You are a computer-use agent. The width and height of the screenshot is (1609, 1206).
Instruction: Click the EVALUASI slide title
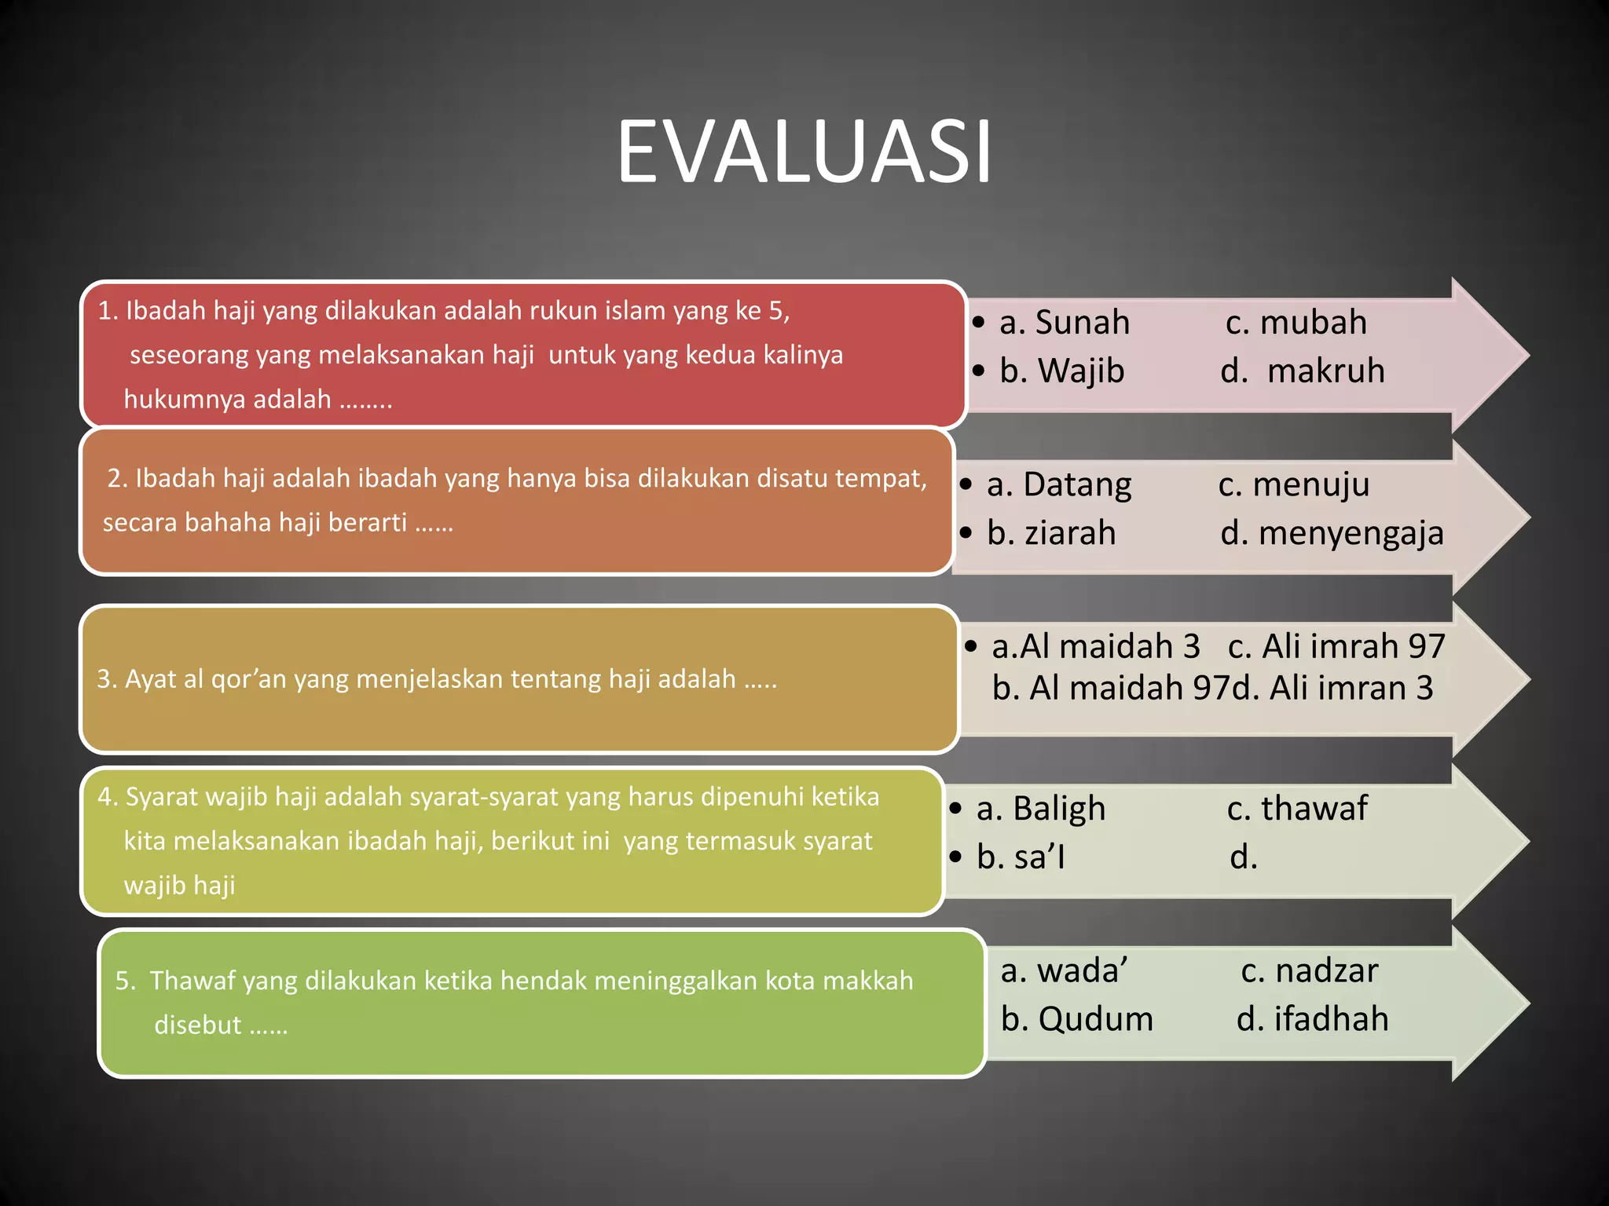[x=804, y=152]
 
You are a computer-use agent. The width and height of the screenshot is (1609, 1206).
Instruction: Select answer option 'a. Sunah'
[x=1064, y=323]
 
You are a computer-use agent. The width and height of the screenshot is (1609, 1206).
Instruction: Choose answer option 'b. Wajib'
[x=1061, y=371]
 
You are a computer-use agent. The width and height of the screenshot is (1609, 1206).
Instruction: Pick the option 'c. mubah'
[x=1296, y=323]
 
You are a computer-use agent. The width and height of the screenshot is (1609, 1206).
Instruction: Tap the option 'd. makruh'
[x=1302, y=371]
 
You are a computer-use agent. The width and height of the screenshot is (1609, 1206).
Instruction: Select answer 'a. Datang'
[x=1058, y=484]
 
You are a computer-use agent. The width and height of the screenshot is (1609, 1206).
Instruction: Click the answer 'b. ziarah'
[x=1050, y=533]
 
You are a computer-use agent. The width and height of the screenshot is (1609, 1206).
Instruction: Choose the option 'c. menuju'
[x=1293, y=484]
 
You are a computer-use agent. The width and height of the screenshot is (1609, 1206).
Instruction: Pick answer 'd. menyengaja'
[x=1332, y=533]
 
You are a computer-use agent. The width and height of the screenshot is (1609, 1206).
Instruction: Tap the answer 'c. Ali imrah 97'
[x=1336, y=646]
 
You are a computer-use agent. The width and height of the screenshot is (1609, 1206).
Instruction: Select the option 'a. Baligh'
[x=1040, y=809]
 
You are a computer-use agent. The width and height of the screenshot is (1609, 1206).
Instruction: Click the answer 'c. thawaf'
[x=1296, y=809]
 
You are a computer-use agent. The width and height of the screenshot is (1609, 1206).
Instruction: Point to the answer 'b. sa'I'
[x=1021, y=857]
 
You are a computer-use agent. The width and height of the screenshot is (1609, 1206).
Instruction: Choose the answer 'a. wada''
[x=1064, y=971]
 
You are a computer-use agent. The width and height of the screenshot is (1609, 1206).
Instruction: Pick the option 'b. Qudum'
[x=1076, y=1019]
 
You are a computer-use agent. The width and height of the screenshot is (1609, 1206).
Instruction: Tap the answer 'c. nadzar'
[x=1309, y=971]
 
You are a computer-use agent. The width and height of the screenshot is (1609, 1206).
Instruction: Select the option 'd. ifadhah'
[x=1312, y=1019]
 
